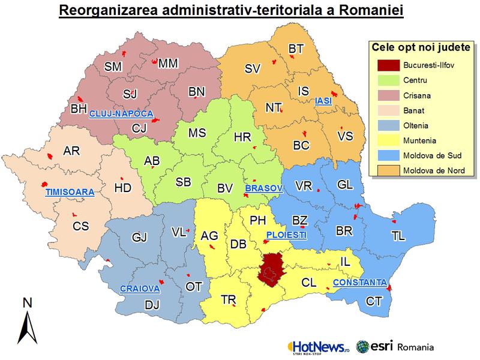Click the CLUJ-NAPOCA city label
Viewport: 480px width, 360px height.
point(121,113)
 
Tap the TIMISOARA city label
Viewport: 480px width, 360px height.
point(70,193)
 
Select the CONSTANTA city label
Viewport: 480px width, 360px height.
point(360,282)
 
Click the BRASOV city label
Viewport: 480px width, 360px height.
point(263,188)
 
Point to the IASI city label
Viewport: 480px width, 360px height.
point(323,102)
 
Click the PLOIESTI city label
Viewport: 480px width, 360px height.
point(286,235)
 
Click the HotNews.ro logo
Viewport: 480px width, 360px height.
point(319,347)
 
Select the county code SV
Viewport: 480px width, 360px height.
point(253,68)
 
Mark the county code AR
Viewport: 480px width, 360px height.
point(71,151)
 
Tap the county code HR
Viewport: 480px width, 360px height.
point(242,137)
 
